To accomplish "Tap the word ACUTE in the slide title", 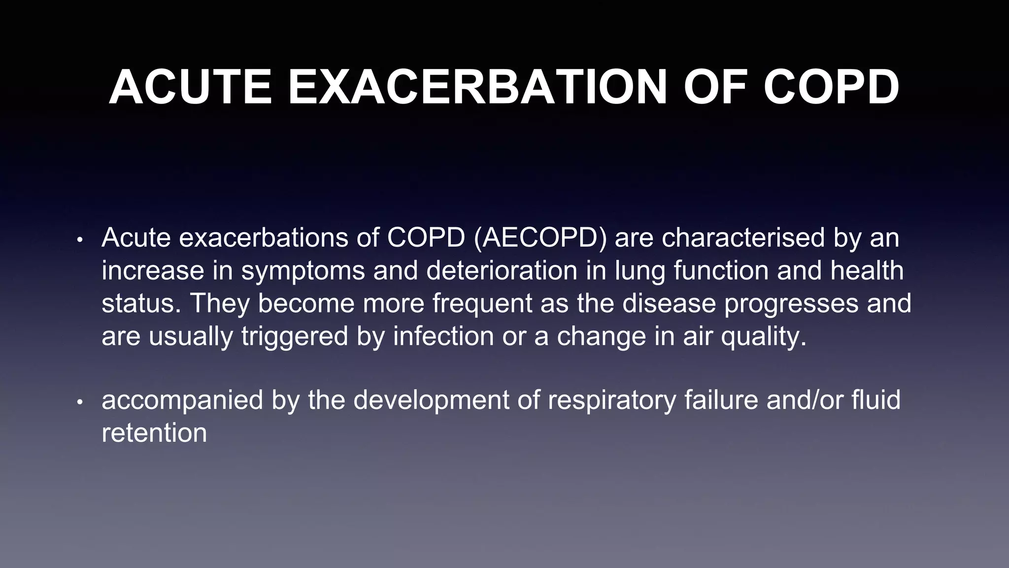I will click(x=190, y=87).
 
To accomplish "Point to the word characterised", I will click(x=743, y=238).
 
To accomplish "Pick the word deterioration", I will click(x=502, y=271).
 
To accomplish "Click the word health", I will click(x=867, y=271).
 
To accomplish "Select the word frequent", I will click(x=482, y=304).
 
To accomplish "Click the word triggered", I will click(x=295, y=337).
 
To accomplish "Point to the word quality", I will click(x=764, y=337).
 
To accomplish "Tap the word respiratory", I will click(x=612, y=400).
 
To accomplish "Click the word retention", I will click(x=154, y=433).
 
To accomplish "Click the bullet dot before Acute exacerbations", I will click(x=80, y=241).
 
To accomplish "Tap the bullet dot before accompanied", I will click(x=80, y=402).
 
